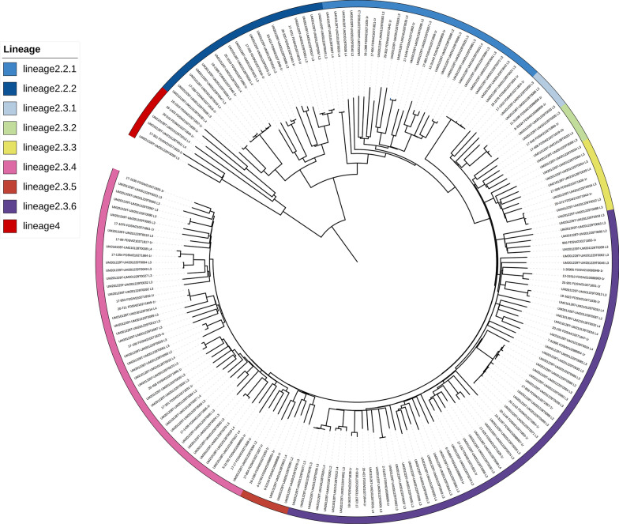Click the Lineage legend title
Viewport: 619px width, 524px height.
pyautogui.click(x=22, y=49)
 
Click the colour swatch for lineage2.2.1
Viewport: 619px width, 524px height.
pyautogui.click(x=12, y=69)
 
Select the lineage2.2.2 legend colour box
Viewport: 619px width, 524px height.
pyautogui.click(x=12, y=89)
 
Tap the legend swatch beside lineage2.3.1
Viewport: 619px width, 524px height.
pyautogui.click(x=12, y=108)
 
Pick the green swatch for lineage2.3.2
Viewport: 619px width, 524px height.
pyautogui.click(x=12, y=128)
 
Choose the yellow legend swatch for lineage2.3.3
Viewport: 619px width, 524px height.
pyautogui.click(x=12, y=148)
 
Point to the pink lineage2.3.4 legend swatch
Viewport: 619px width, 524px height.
pyautogui.click(x=12, y=168)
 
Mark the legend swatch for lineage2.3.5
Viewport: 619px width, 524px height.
pyautogui.click(x=12, y=187)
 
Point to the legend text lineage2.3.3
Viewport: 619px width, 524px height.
pyautogui.click(x=50, y=148)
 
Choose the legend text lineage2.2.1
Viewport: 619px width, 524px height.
pyautogui.click(x=50, y=69)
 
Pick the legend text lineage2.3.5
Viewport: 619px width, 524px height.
pyautogui.click(x=50, y=187)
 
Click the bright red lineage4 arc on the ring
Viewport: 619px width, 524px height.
pyautogui.click(x=148, y=110)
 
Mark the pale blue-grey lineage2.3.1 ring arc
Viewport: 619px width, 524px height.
pyautogui.click(x=549, y=87)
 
